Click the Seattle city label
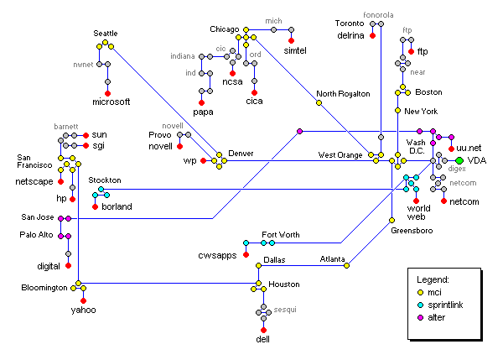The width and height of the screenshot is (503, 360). pos(106,33)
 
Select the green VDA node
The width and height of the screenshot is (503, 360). pos(459,160)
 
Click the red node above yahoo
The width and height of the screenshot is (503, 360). pos(83,299)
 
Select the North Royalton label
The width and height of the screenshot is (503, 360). pos(343,94)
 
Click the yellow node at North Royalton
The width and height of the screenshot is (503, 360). pos(319,104)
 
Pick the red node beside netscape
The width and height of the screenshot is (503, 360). pos(61,180)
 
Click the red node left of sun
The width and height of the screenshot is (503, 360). pos(86,134)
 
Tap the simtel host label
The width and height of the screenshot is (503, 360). pos(296,50)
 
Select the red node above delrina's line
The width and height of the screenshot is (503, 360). pos(372,36)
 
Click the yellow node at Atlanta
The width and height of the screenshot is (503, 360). pos(345,266)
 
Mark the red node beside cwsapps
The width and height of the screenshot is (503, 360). pos(246,253)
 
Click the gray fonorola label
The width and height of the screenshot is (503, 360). pos(377,13)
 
